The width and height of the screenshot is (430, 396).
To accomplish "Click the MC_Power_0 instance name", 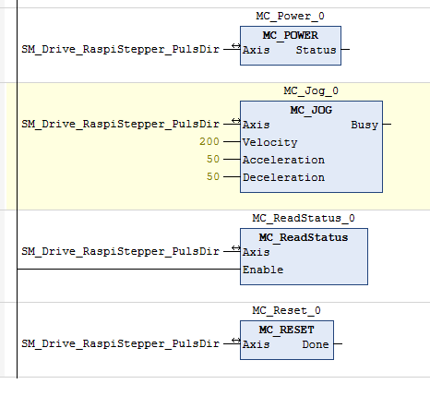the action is tap(290, 16).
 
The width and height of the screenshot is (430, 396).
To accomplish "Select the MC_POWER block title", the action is tap(291, 35).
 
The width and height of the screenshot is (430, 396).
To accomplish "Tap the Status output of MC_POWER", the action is tap(316, 50).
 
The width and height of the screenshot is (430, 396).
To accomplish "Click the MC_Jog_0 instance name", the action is tap(311, 90).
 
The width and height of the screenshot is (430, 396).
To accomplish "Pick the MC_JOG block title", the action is tap(311, 110).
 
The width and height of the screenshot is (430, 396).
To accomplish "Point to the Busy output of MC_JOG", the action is tap(364, 125).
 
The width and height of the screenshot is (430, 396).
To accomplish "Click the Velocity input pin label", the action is tap(269, 142).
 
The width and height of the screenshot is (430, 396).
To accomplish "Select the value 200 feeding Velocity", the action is tap(209, 141).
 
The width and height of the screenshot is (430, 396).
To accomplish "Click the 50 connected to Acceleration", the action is tap(213, 159).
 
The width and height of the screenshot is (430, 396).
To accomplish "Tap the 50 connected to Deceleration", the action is tap(213, 176).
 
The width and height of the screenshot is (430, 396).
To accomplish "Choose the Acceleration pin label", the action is tap(283, 160).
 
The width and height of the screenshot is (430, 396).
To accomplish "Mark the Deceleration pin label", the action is tap(283, 177).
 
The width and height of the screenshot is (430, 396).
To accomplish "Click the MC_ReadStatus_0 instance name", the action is tap(304, 218).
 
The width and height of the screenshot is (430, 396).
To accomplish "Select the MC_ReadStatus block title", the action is tap(304, 237).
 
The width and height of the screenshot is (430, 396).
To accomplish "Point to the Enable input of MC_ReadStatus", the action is tap(263, 270).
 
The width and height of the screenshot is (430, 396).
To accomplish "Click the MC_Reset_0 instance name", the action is tap(286, 310).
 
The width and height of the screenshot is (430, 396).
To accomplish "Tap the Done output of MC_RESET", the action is tap(316, 344).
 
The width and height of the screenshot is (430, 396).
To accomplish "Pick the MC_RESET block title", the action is tap(287, 330).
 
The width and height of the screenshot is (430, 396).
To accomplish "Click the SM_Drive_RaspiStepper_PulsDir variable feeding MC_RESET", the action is tap(120, 343).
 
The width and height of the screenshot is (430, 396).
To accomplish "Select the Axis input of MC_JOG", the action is tap(256, 125).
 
